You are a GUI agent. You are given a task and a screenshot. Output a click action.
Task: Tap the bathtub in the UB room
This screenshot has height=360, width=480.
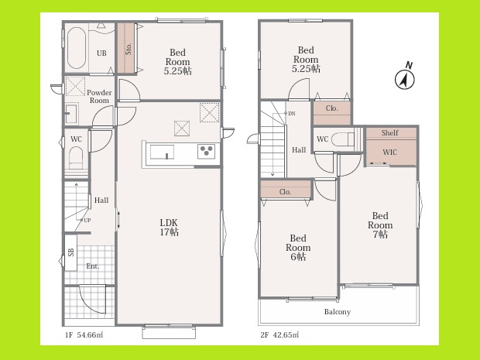pyautogui.click(x=76, y=48)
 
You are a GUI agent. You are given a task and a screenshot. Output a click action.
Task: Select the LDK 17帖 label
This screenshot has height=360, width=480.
pyautogui.click(x=170, y=228)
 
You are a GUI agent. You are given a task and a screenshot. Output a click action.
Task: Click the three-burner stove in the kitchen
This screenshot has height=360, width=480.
pyautogui.click(x=206, y=151)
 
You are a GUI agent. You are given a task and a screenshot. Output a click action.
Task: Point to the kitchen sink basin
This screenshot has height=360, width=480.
pyautogui.click(x=162, y=153)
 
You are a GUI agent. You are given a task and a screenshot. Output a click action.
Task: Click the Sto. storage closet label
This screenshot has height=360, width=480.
pyautogui.click(x=129, y=49)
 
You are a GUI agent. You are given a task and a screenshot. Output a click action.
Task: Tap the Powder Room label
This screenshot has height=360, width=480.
pyautogui.click(x=99, y=97)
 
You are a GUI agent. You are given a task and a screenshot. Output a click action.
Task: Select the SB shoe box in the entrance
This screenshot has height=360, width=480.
pyautogui.click(x=70, y=252)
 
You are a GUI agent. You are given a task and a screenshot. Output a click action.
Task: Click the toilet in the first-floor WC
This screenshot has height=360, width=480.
pyautogui.click(x=76, y=158)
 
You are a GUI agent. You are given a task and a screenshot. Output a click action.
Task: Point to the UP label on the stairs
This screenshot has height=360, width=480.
pyautogui.click(x=87, y=220)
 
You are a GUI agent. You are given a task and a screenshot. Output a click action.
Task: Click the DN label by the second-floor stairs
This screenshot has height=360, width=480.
pyautogui.click(x=291, y=114)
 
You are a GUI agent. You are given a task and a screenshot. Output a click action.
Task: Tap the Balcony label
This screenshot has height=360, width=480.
pyautogui.click(x=338, y=312)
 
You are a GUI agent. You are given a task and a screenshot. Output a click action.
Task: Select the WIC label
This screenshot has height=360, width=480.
pyautogui.click(x=389, y=153)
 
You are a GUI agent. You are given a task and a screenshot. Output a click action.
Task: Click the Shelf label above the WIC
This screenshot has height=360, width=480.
pyautogui.click(x=389, y=133)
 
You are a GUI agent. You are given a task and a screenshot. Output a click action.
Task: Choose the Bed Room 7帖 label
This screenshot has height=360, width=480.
pyautogui.click(x=380, y=225)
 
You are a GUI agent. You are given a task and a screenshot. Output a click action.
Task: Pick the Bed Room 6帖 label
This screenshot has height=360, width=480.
pyautogui.click(x=298, y=247)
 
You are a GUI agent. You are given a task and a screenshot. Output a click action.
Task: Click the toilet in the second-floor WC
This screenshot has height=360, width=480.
pyautogui.click(x=343, y=139)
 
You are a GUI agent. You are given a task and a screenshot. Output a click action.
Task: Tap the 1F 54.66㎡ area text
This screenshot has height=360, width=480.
pyautogui.click(x=84, y=335)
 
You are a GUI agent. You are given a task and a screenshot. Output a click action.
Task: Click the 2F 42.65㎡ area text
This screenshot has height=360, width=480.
pyautogui.click(x=279, y=335)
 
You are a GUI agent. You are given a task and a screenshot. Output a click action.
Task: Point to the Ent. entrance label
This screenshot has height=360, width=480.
pyautogui.click(x=93, y=266)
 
